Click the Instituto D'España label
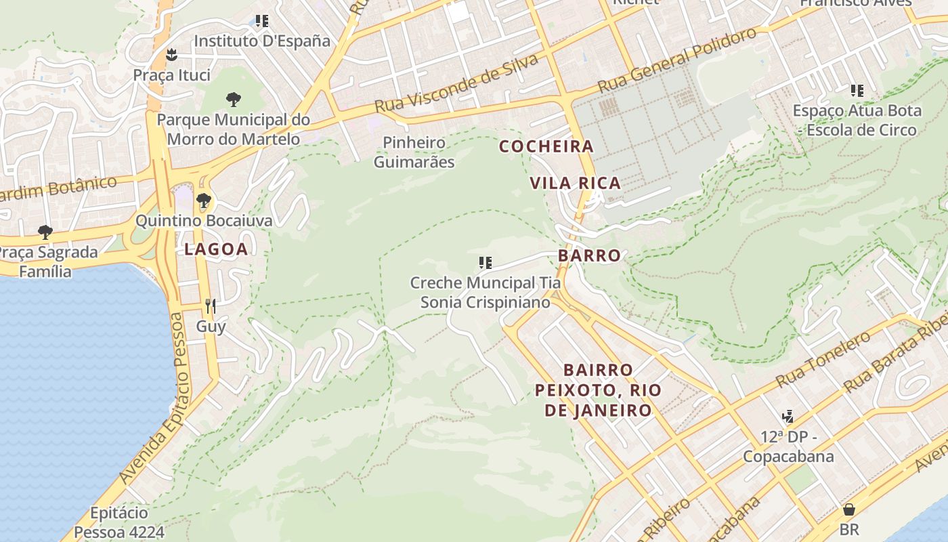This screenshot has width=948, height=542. pyautogui.click(x=262, y=41)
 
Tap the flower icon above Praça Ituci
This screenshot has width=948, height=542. pyautogui.click(x=171, y=54)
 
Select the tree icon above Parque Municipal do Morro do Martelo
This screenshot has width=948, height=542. pyautogui.click(x=234, y=100)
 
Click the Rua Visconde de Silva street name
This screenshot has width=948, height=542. pyautogui.click(x=456, y=84)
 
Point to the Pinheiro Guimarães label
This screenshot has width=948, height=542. pyautogui.click(x=414, y=152)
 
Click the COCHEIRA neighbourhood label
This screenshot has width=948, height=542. pyautogui.click(x=546, y=146)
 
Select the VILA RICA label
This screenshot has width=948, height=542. pyautogui.click(x=575, y=183)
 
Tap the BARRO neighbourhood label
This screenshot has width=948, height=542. pyautogui.click(x=589, y=255)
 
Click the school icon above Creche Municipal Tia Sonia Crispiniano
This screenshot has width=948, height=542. pyautogui.click(x=485, y=262)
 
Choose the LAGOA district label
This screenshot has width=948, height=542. pyautogui.click(x=216, y=249)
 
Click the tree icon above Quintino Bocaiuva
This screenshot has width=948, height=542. pyautogui.click(x=203, y=201)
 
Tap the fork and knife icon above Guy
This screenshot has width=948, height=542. pyautogui.click(x=211, y=306)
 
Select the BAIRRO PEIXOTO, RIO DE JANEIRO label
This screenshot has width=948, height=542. pyautogui.click(x=599, y=390)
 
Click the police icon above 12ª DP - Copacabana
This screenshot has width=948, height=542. pyautogui.click(x=788, y=416)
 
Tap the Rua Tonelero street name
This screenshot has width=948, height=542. pyautogui.click(x=823, y=359)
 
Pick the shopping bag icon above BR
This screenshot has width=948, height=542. pyautogui.click(x=848, y=509)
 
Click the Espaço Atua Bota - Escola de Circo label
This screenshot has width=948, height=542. pyautogui.click(x=857, y=120)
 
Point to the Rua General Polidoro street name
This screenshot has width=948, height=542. pyautogui.click(x=677, y=62)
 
